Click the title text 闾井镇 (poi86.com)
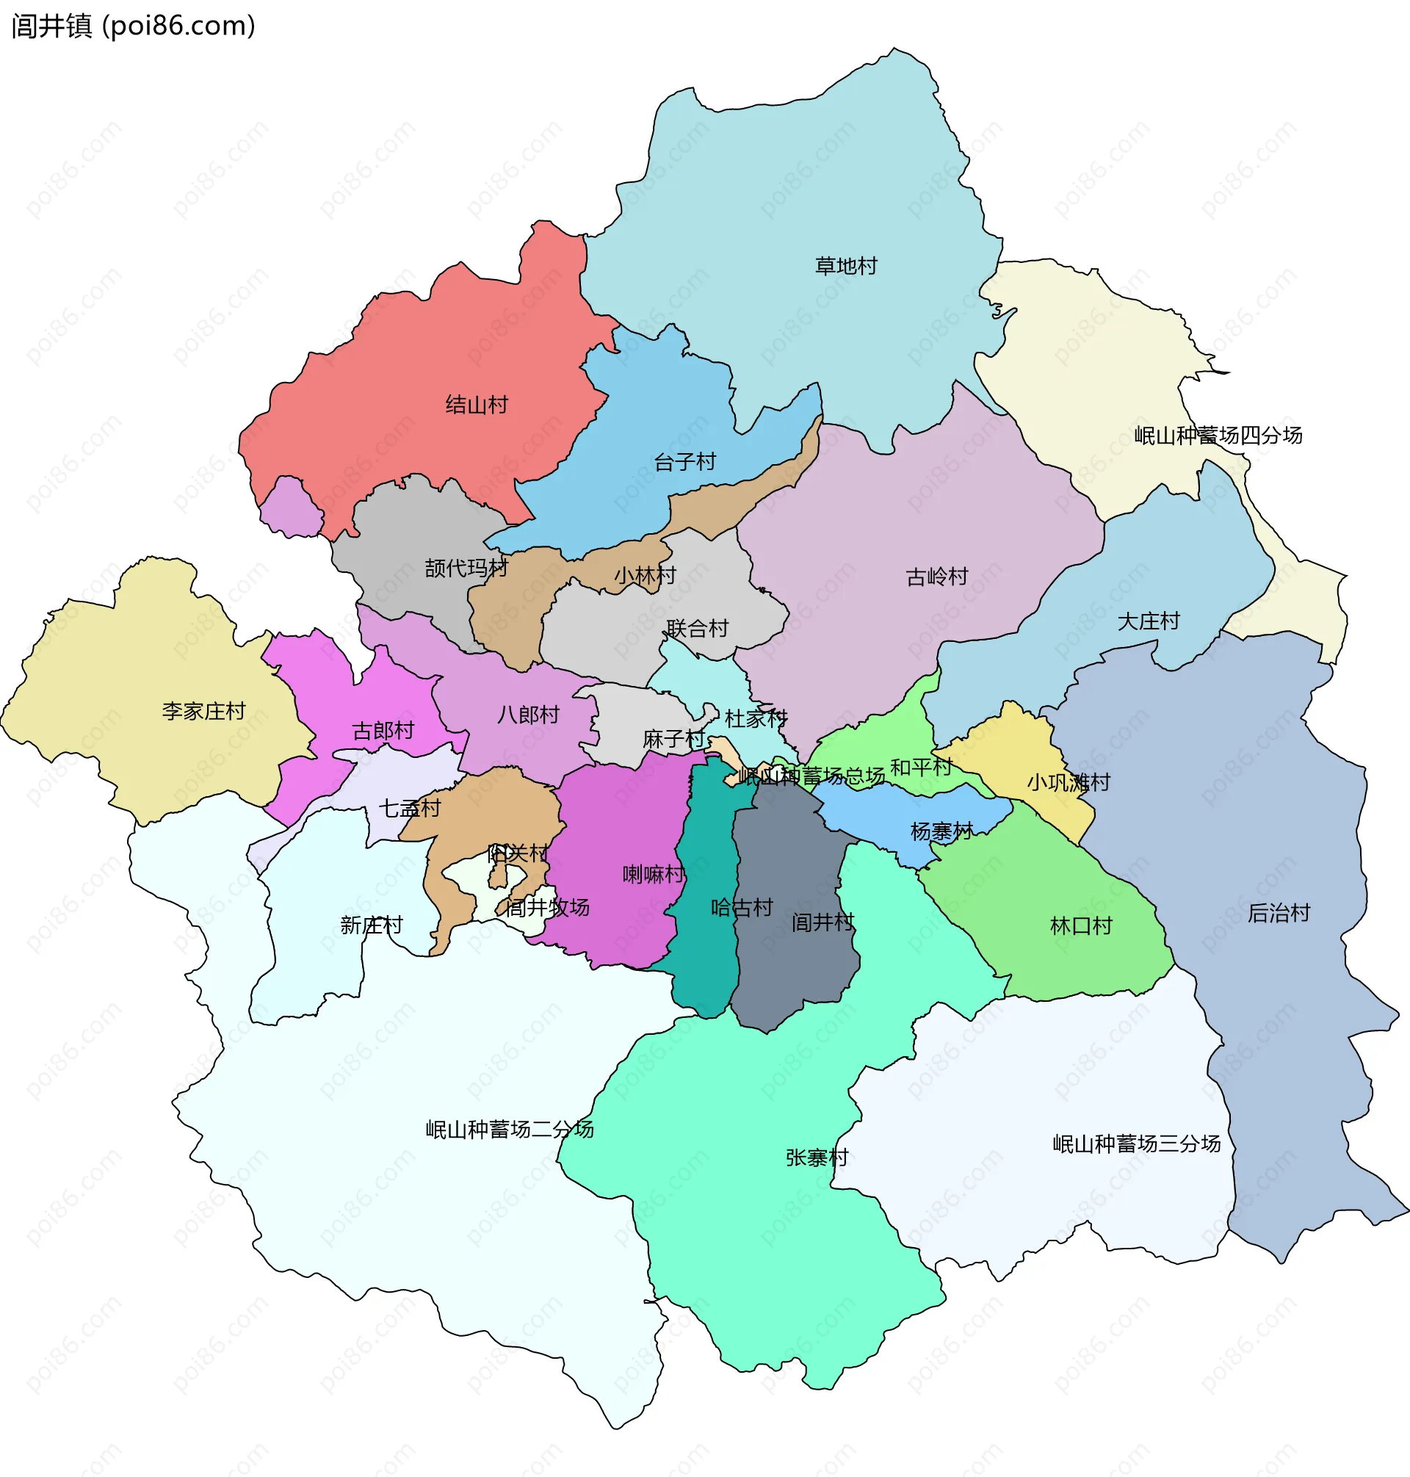point(134,26)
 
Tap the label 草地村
point(846,266)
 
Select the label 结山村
point(477,405)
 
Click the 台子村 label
point(684,461)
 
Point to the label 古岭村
point(936,577)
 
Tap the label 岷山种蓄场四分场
point(1218,436)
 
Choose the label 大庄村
point(1148,621)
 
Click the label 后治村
point(1279,912)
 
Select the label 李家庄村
point(203,710)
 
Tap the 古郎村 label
point(383,730)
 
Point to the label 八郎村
point(528,714)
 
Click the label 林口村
point(1081,925)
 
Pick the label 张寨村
point(816,1157)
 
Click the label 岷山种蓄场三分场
point(1135,1144)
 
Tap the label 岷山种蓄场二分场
point(510,1129)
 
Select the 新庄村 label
point(372,925)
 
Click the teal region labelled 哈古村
point(706,947)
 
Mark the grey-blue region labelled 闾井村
point(797,962)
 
